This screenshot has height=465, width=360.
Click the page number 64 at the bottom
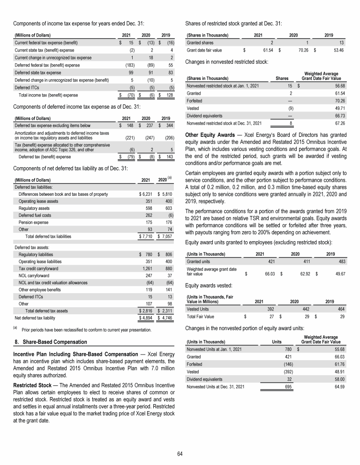point(180,453)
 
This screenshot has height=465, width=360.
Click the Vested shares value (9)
point(291,107)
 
